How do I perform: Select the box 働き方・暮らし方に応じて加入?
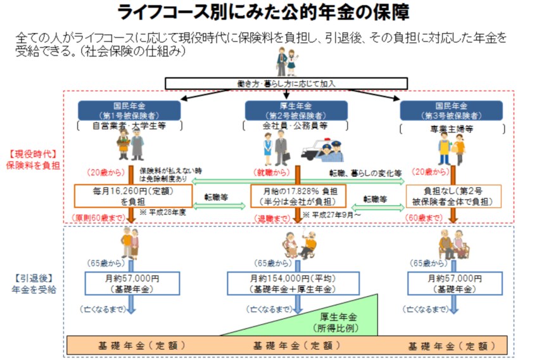coord(286,83)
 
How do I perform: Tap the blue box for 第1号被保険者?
coord(129,110)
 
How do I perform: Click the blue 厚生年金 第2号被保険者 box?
coord(295,110)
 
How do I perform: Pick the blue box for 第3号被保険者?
coord(451,110)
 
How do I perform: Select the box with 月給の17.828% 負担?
coord(294,195)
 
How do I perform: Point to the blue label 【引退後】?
coord(32,278)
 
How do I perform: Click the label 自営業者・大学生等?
coord(129,125)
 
